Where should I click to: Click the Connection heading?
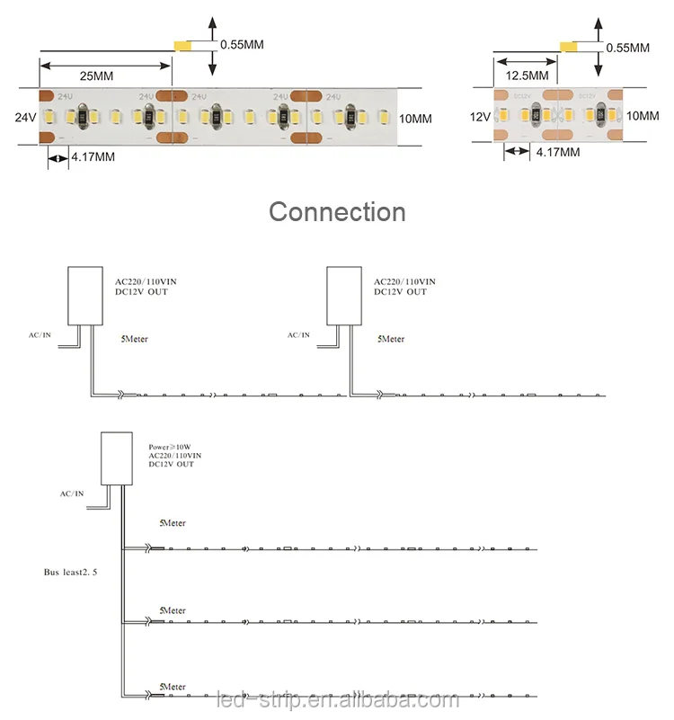[x=337, y=212]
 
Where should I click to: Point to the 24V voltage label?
[x=25, y=117]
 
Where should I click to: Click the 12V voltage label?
[x=480, y=117]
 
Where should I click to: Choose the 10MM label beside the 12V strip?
[x=643, y=116]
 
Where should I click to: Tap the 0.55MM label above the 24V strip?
[x=242, y=44]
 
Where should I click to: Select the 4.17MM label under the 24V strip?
[x=93, y=158]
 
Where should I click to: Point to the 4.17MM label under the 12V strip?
[x=557, y=153]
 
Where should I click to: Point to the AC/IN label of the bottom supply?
[x=72, y=493]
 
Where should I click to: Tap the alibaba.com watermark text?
[x=337, y=700]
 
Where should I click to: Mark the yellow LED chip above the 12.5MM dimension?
[x=568, y=47]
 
